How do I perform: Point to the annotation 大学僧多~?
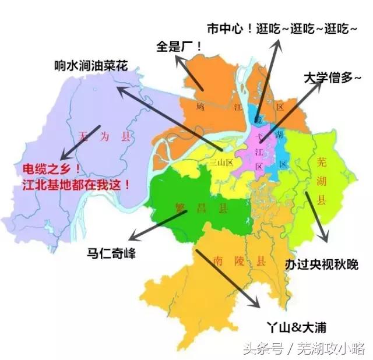(332, 77)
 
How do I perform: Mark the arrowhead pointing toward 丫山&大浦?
(257, 304)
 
